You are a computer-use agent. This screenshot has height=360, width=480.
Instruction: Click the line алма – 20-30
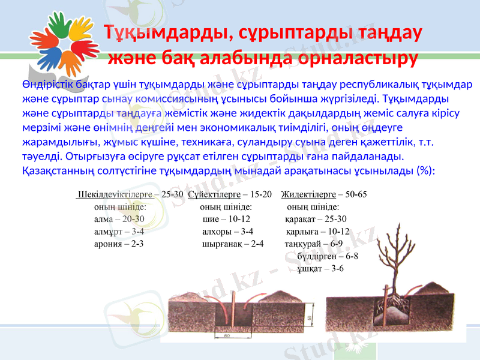click(x=119, y=219)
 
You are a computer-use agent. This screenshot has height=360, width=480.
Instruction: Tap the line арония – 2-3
click(x=119, y=244)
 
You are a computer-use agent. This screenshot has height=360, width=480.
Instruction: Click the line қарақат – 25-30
click(x=316, y=219)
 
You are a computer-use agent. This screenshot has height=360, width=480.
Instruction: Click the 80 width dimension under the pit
click(x=227, y=336)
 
